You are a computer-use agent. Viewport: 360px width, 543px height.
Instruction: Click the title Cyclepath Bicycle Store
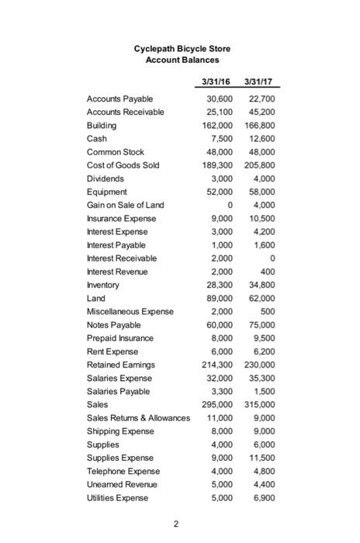(182, 49)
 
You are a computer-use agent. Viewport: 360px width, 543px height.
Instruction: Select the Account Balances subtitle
(182, 61)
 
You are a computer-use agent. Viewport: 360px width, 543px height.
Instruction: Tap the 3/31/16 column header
(215, 81)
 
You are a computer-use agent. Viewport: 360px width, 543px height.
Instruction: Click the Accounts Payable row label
(119, 99)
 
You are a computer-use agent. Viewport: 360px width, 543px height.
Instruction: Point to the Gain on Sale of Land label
(128, 205)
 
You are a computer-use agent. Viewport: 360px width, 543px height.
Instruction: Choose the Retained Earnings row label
(121, 364)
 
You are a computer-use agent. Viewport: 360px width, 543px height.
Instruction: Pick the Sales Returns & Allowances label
(139, 417)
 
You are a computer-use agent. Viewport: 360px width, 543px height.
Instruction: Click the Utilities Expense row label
(119, 497)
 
